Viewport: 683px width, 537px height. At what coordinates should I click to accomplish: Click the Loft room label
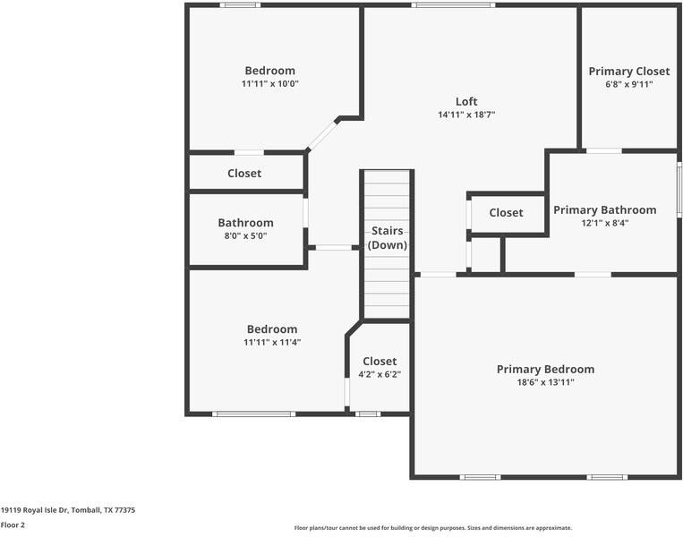pos(466,101)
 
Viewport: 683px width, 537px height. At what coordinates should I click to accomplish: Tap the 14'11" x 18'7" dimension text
pos(466,115)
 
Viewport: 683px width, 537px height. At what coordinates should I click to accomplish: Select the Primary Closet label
pos(629,72)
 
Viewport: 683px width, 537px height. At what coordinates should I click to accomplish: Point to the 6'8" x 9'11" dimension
pos(629,84)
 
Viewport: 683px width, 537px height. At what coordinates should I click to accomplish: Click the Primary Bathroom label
pos(605,210)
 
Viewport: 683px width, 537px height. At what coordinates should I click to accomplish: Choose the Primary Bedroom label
pos(545,370)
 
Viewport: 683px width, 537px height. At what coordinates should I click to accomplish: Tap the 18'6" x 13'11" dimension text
pos(545,382)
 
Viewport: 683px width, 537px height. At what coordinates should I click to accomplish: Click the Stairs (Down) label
pos(388,238)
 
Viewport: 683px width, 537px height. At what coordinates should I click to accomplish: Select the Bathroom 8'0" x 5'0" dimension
pos(245,236)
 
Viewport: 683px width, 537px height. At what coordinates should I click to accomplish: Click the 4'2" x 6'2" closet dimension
pos(380,374)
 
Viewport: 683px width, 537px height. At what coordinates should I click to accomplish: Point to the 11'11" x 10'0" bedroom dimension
pos(270,83)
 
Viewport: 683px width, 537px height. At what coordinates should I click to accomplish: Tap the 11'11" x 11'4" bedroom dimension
pos(272,342)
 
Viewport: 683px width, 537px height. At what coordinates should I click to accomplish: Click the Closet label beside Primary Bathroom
pos(506,212)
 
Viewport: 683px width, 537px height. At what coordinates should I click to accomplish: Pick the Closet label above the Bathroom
pos(244,174)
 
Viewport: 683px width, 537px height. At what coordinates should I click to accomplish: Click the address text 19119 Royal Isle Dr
pos(34,510)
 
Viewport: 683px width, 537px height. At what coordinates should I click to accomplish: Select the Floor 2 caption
pos(13,524)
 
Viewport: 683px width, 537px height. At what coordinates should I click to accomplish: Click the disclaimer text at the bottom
pos(433,528)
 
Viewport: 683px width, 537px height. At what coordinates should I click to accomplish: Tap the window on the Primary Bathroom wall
pos(679,190)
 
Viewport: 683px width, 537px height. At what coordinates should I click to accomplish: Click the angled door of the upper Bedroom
pos(322,134)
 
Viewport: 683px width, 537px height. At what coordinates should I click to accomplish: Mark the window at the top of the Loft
pos(453,5)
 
